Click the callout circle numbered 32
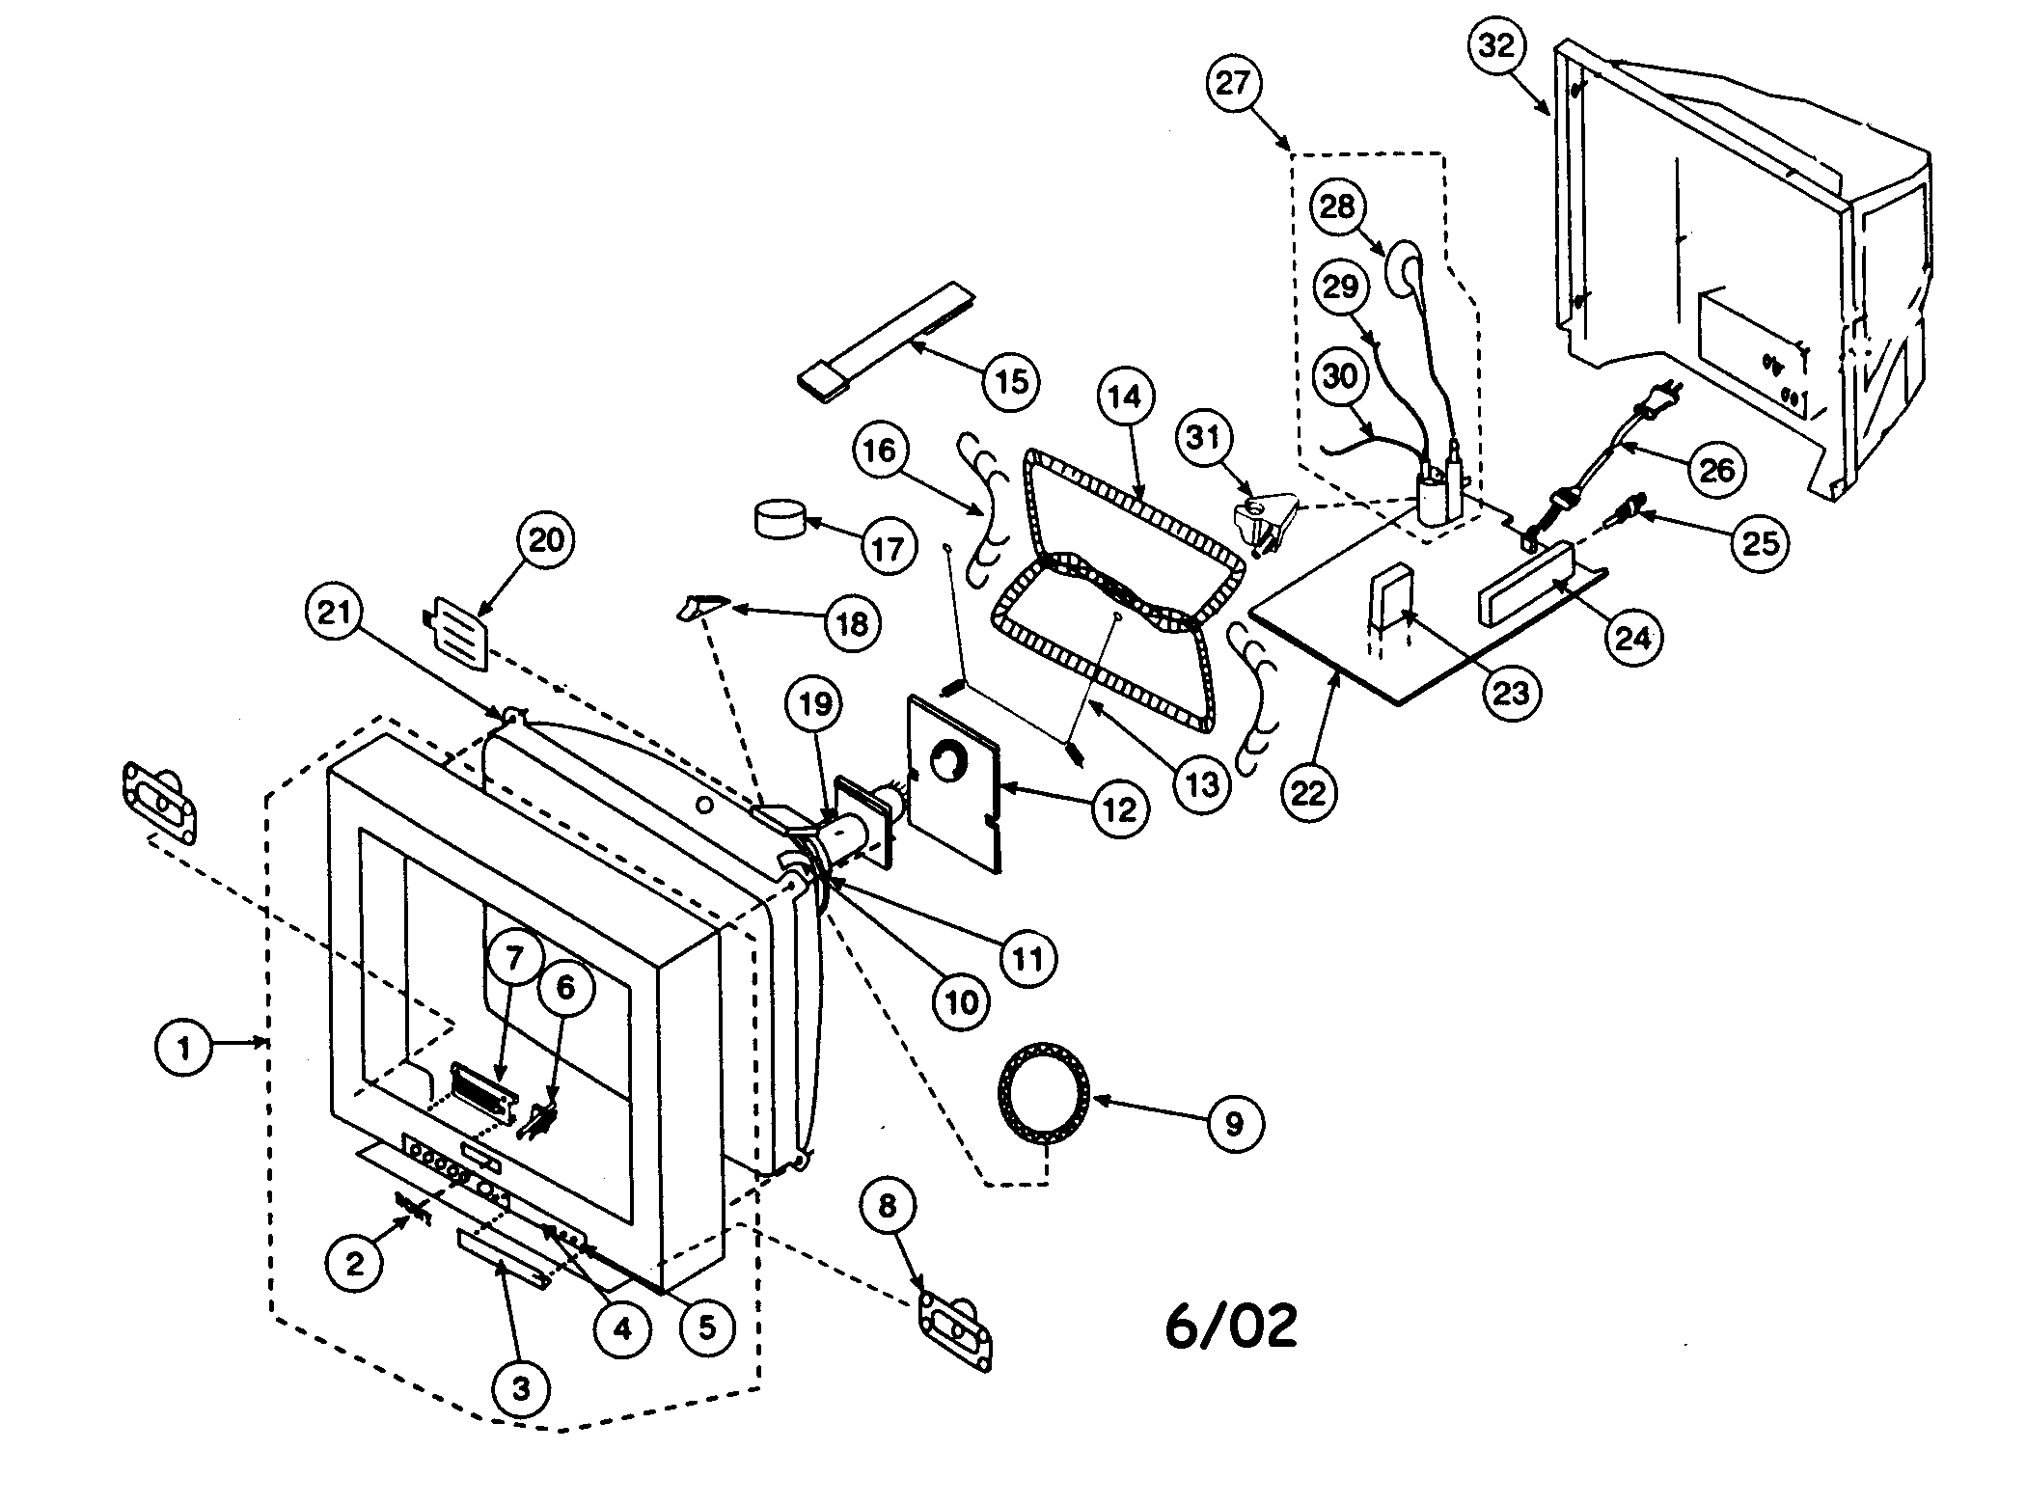coord(1497,45)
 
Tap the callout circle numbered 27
coord(1233,83)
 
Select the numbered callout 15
coord(1010,381)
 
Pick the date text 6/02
coord(1231,1327)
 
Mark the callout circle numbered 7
coord(513,958)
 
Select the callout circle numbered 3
coord(520,1389)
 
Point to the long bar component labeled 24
coord(1524,584)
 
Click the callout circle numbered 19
coord(815,704)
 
